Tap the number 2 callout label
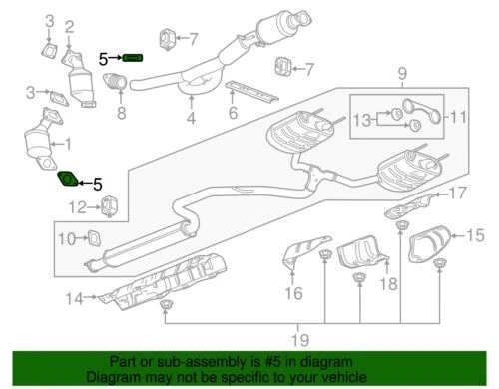tap(69, 26)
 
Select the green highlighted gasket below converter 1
tap(66, 181)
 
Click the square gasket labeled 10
tap(97, 237)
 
